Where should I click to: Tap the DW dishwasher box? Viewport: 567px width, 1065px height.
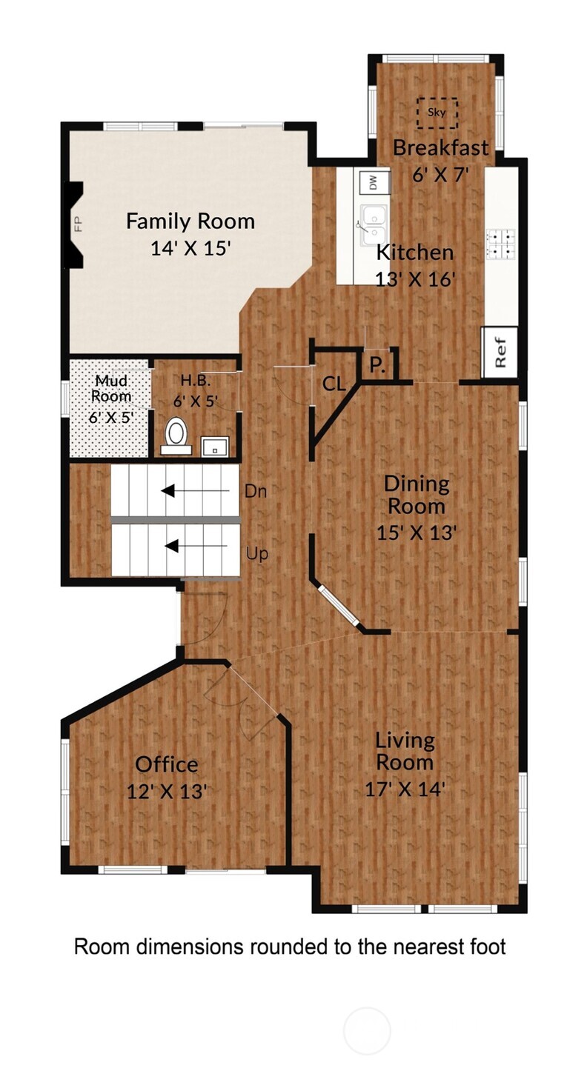coord(374,181)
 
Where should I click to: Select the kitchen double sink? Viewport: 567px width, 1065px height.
coord(374,224)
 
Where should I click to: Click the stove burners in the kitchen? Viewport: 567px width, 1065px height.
coord(501,244)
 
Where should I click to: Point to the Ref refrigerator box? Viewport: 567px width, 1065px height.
coord(500,353)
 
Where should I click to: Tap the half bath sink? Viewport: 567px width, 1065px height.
coord(215,446)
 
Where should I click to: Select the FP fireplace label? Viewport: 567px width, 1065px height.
coord(78,224)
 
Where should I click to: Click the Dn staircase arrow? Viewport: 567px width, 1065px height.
coord(195,491)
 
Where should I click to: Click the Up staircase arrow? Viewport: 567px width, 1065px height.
coord(197,547)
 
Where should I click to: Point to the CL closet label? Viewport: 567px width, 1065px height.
coord(334,384)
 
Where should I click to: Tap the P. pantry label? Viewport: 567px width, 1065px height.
coord(377,365)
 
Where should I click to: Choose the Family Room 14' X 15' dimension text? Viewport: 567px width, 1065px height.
coord(190,247)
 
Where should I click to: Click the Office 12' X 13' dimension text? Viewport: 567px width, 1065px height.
coord(167,792)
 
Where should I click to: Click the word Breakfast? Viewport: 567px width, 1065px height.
coord(440,148)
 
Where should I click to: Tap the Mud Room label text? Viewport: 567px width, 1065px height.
coord(111,388)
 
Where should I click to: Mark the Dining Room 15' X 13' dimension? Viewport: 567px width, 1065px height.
coord(417,532)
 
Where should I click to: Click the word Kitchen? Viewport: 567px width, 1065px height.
coord(415,253)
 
